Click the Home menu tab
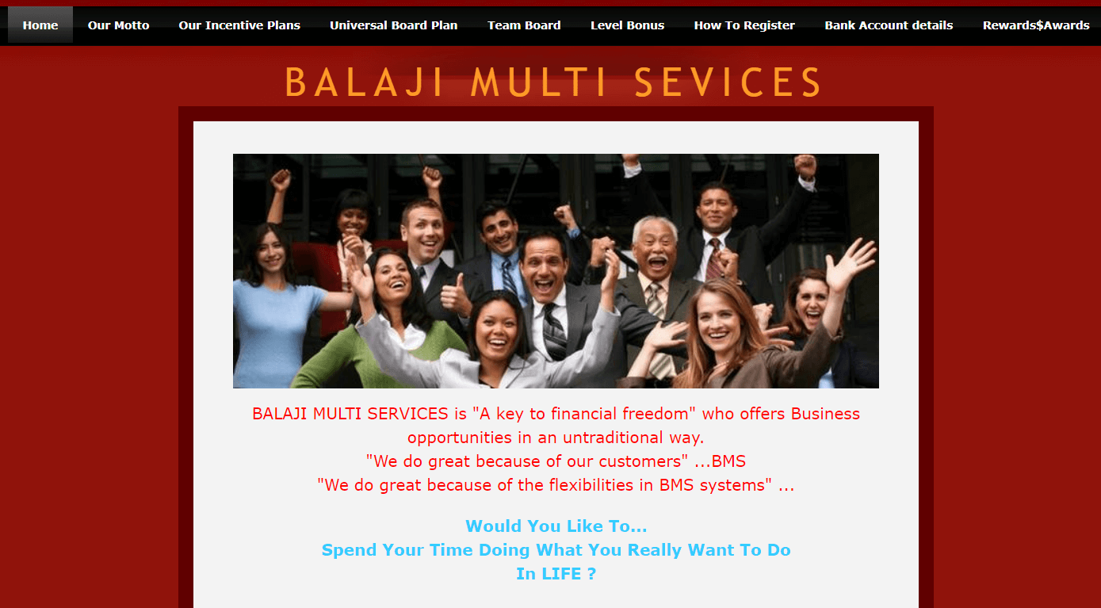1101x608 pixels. click(40, 25)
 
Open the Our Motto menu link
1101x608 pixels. click(118, 25)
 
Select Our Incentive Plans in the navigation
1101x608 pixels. click(239, 25)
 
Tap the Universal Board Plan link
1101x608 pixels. click(394, 25)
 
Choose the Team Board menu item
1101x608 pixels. click(524, 25)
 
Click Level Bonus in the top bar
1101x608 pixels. click(627, 25)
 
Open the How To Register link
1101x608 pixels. click(744, 25)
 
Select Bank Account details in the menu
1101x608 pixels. click(889, 25)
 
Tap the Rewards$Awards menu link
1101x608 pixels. click(1036, 25)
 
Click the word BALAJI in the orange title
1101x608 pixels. click(364, 82)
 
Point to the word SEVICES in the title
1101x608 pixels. click(728, 82)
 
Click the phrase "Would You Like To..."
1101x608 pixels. click(556, 526)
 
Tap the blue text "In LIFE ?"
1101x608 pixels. click(556, 574)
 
